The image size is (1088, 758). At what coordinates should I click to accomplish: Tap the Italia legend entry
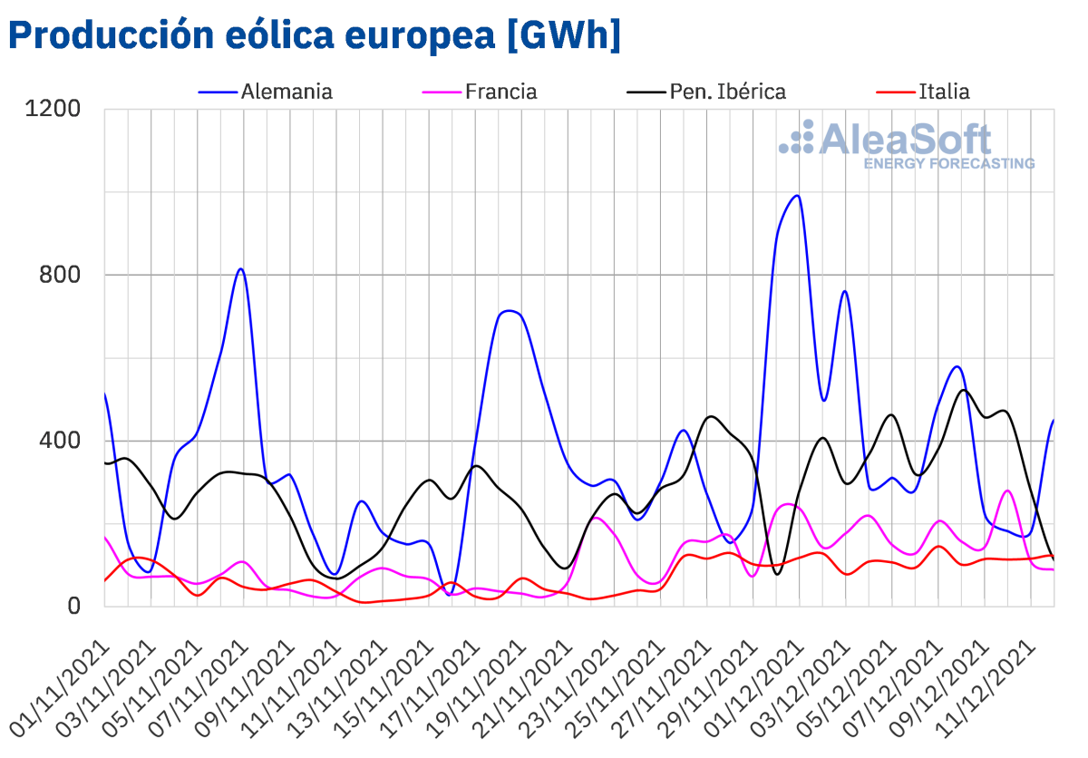[944, 92]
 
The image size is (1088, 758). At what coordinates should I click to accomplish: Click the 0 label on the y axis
[75, 606]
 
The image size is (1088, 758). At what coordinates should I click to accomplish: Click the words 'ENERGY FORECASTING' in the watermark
[948, 164]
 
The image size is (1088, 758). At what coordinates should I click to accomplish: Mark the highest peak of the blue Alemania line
[797, 195]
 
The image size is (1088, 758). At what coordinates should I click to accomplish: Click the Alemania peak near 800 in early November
[240, 268]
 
